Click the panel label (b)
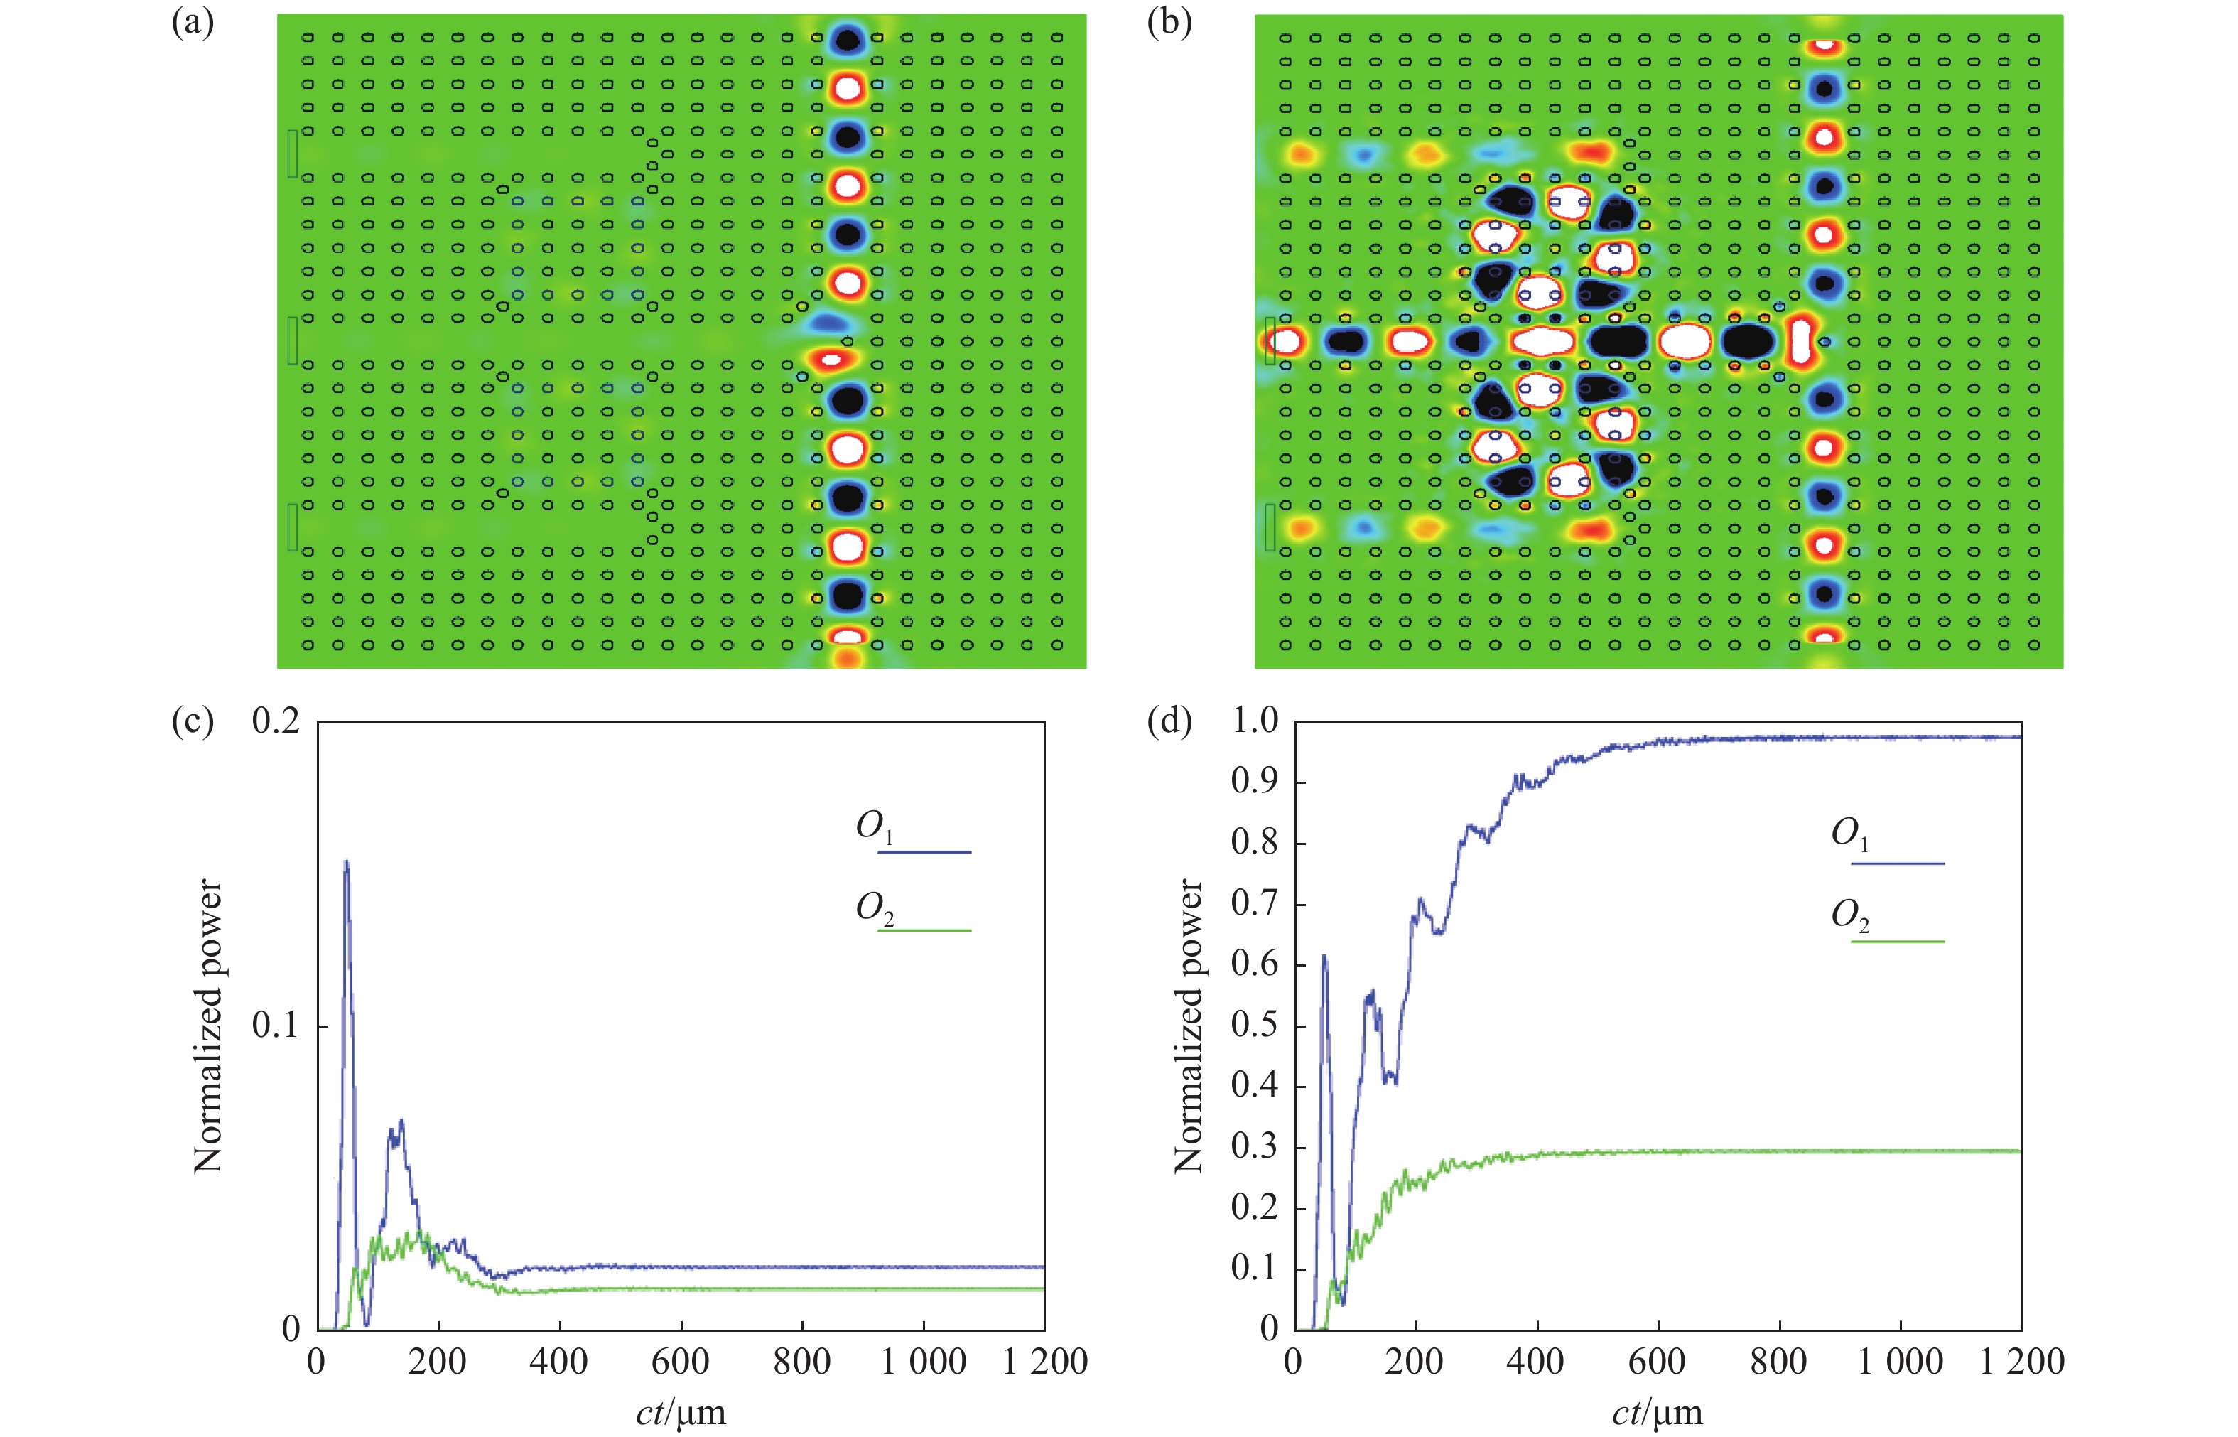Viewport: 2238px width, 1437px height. [x=1169, y=23]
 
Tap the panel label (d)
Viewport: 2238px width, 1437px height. [x=1169, y=722]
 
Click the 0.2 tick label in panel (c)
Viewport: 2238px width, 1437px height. [x=276, y=721]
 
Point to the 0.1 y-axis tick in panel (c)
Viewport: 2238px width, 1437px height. [x=276, y=1025]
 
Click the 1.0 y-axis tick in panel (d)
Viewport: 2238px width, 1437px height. [x=1255, y=721]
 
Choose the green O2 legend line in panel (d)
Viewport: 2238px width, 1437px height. [x=1898, y=942]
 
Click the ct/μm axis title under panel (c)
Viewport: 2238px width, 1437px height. [x=681, y=1413]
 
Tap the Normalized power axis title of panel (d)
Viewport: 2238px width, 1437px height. [x=1188, y=1026]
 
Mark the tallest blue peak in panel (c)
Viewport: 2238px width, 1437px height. [x=347, y=861]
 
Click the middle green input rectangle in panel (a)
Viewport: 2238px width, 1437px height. [x=293, y=340]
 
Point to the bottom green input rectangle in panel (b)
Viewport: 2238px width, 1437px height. [x=1270, y=527]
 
